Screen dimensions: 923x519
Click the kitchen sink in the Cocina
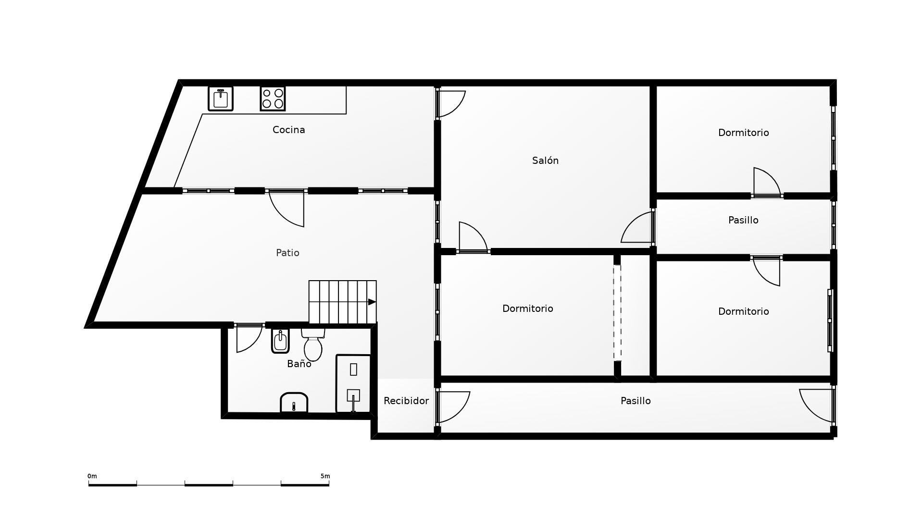click(x=221, y=99)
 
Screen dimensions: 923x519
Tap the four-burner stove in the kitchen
click(x=273, y=99)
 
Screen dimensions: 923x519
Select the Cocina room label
click(x=288, y=130)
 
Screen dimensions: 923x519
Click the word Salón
click(x=545, y=161)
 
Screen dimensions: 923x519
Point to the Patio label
click(x=287, y=253)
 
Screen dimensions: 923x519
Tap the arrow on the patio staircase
click(x=372, y=302)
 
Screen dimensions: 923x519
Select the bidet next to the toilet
click(x=280, y=341)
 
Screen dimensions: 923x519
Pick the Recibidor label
click(x=406, y=401)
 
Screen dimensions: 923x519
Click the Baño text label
click(x=299, y=364)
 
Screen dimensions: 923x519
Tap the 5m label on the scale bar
click(x=325, y=476)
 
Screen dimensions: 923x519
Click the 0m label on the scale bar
click(x=92, y=476)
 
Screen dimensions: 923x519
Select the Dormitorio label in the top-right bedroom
click(x=743, y=133)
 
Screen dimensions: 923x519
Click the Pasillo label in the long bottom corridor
click(x=636, y=401)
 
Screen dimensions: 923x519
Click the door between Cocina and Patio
click(x=287, y=208)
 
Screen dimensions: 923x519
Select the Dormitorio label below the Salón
click(x=527, y=309)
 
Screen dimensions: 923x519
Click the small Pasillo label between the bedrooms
click(x=743, y=220)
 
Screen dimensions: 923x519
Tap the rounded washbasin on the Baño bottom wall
click(x=294, y=403)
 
